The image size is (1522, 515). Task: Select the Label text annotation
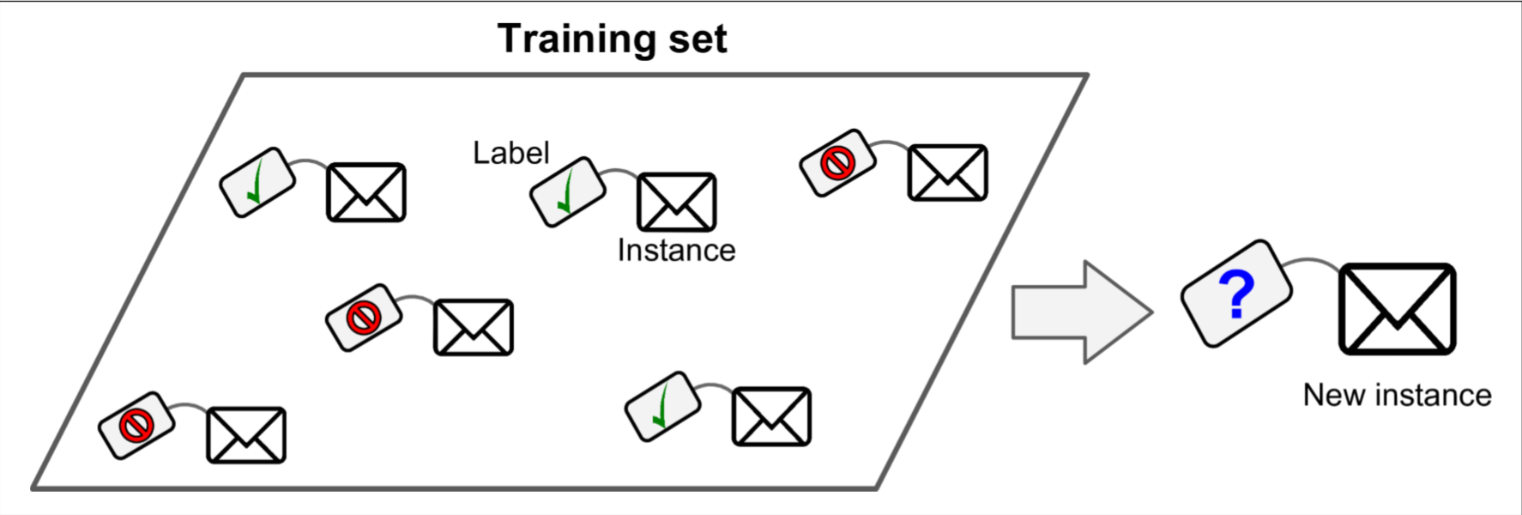coord(510,153)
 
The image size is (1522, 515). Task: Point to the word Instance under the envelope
coord(676,251)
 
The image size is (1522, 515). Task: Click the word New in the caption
coord(1334,395)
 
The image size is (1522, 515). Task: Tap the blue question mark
coord(1236,294)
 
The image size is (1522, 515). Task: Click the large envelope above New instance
coord(1398,309)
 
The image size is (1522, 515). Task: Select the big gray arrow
coord(1081,312)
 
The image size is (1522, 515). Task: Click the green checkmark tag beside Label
coord(567,191)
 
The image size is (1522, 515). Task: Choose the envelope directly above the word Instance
coord(676,203)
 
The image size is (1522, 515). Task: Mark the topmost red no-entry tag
coord(837,162)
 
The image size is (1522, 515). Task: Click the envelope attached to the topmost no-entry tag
coord(947,173)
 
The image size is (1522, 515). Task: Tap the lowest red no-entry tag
coord(136,425)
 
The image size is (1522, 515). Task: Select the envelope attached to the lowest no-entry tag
coord(246,435)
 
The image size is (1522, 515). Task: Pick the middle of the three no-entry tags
coord(363,318)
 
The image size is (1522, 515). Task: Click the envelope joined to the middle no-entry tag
coord(474,327)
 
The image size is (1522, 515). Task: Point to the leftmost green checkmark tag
coord(257,182)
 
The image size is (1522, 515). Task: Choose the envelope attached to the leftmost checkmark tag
coord(365,192)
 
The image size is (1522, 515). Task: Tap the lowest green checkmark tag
coord(662,406)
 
